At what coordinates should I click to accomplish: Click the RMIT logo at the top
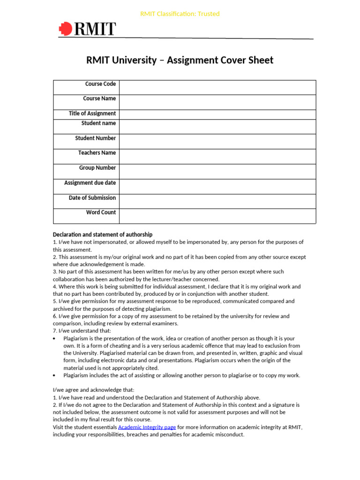[87, 29]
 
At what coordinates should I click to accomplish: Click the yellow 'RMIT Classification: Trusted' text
[180, 14]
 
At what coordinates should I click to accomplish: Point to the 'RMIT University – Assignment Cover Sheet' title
[180, 60]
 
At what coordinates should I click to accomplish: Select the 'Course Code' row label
[100, 84]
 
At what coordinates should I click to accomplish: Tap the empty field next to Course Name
[217, 102]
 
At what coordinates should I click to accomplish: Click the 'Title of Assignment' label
[92, 113]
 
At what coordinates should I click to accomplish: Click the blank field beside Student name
[217, 127]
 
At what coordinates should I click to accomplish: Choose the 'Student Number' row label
[96, 138]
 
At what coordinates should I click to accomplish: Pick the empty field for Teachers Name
[217, 157]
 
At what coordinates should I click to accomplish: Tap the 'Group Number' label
[97, 168]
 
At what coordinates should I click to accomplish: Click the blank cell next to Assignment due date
[217, 187]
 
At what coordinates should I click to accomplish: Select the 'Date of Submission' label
[92, 198]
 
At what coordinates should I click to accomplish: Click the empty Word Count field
[217, 216]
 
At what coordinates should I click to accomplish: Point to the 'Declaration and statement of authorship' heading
[103, 234]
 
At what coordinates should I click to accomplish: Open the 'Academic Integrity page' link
[147, 427]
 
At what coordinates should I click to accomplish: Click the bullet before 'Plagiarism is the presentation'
[55, 338]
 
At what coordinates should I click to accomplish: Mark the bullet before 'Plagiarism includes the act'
[55, 375]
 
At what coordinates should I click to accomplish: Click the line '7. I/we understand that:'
[82, 331]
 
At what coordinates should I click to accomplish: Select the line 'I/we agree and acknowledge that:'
[93, 390]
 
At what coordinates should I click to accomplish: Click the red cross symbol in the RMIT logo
[65, 30]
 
